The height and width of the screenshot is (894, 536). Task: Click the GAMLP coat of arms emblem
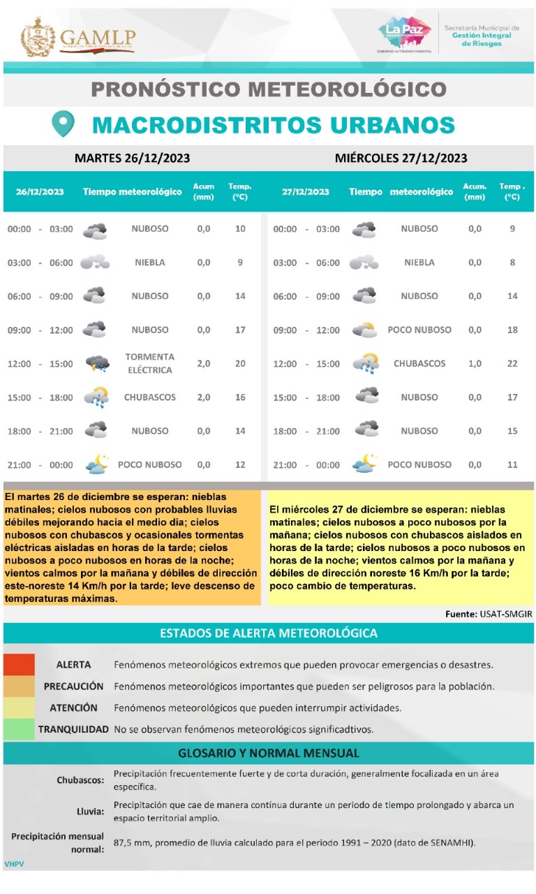38,38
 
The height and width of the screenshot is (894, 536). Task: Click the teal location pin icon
64,124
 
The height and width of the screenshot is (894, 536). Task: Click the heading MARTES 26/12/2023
132,158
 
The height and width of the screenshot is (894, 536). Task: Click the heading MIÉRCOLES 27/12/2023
401,158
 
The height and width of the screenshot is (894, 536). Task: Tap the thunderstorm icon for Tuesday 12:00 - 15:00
97,364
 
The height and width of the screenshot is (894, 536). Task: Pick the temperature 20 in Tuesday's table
240,364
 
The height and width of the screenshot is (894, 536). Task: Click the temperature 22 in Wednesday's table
512,364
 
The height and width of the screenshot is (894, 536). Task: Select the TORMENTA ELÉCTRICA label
150,363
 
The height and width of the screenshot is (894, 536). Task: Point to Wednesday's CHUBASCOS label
419,364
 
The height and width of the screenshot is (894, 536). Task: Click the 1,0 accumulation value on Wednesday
475,364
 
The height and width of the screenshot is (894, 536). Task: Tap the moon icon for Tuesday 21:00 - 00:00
96,464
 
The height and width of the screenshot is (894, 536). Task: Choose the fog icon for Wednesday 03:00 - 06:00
364,263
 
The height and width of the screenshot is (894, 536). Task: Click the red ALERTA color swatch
19,664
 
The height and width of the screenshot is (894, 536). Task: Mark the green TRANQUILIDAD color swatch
19,729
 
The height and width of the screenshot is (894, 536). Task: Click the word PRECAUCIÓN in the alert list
73,687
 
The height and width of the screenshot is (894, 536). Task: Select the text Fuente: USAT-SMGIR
489,614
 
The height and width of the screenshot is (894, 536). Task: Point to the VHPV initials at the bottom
14,865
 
